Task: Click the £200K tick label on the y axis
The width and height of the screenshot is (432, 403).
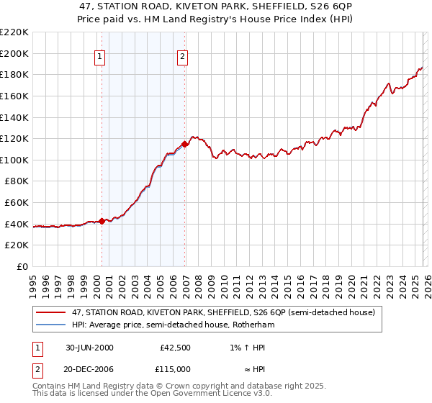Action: (14, 53)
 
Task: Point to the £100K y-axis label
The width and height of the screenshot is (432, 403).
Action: (14, 160)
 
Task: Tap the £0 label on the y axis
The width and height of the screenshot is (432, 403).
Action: (22, 266)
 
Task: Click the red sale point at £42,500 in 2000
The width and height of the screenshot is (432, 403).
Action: (102, 221)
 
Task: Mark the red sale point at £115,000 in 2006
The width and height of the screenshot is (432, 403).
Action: (185, 144)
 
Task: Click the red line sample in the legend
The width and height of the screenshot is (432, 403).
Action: (51, 313)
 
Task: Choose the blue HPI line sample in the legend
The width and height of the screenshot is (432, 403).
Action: (51, 325)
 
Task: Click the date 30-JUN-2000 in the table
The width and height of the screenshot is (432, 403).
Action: (89, 348)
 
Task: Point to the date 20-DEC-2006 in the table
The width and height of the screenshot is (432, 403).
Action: (89, 368)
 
